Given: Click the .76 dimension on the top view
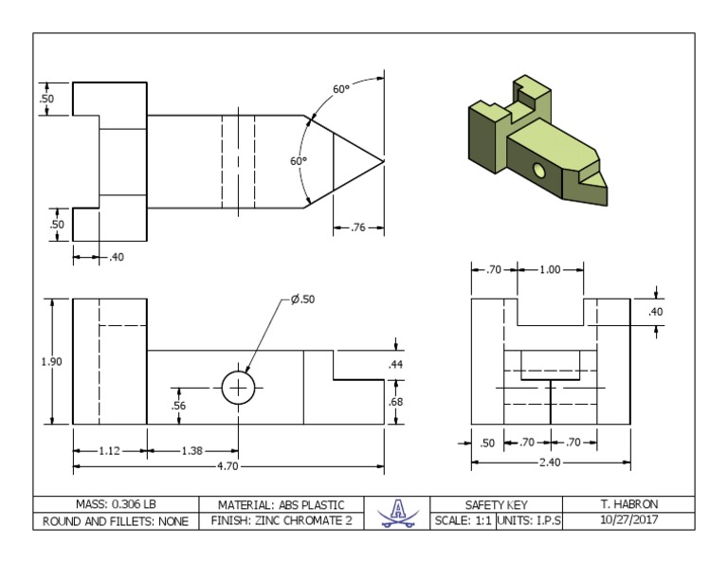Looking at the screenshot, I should [x=358, y=227].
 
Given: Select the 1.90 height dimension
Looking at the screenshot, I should [x=51, y=361].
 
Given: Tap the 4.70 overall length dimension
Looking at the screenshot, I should [x=227, y=466].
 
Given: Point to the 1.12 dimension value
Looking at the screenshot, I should [x=109, y=450].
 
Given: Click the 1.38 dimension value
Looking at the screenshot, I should [x=192, y=450].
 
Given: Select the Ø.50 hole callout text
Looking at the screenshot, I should [x=303, y=300].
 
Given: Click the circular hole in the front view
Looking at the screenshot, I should [x=238, y=388].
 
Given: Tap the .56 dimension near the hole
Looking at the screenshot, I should [x=179, y=406].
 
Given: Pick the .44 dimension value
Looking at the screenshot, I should [x=396, y=365].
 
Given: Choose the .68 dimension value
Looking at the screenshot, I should [x=396, y=402].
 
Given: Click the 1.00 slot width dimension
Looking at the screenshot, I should [x=549, y=270].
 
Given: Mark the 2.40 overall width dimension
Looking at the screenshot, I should [x=551, y=463].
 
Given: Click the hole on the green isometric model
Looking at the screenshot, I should [x=538, y=171].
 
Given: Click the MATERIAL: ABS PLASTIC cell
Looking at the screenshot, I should [x=282, y=504].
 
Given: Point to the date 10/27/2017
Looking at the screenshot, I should [x=628, y=520].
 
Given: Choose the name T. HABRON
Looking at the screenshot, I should [x=628, y=504].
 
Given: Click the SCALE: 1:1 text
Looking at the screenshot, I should [x=464, y=520].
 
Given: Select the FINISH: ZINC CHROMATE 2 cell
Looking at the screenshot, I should [x=282, y=520].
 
